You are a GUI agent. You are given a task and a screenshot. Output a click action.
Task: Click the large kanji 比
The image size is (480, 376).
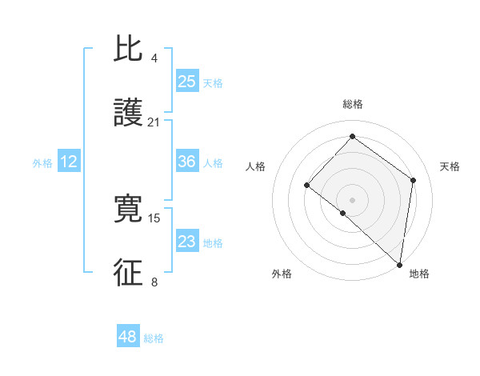(128, 50)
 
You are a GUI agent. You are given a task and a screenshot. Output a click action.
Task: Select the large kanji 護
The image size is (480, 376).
(128, 114)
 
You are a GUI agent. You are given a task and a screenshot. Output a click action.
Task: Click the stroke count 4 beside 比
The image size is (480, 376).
(154, 58)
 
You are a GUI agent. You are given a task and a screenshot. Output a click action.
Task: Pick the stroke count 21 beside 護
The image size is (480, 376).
(154, 122)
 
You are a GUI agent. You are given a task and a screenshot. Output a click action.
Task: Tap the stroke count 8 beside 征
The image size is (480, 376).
(154, 282)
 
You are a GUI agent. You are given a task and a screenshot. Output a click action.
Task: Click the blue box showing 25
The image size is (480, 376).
(186, 82)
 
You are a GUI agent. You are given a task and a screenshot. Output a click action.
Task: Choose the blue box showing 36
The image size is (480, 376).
(186, 162)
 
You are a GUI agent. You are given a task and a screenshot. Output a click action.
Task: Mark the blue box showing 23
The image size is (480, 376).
(186, 242)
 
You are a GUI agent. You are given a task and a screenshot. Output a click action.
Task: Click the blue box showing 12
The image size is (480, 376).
(69, 162)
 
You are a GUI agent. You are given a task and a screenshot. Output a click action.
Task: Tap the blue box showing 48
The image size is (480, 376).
(127, 337)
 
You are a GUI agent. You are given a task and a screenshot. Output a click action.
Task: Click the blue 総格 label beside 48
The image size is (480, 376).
(154, 338)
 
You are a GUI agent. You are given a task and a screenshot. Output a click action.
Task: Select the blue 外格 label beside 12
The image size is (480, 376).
(42, 163)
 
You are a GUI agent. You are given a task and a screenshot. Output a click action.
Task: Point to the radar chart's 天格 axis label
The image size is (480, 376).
(450, 166)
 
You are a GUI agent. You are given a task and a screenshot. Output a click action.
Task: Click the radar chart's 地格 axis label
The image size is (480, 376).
(419, 274)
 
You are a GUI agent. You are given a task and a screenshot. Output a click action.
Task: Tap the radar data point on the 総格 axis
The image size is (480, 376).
(352, 136)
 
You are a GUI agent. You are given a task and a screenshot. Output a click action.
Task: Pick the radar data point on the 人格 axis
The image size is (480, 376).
(306, 185)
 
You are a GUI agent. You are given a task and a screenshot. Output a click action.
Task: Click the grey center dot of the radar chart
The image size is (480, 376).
(352, 199)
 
